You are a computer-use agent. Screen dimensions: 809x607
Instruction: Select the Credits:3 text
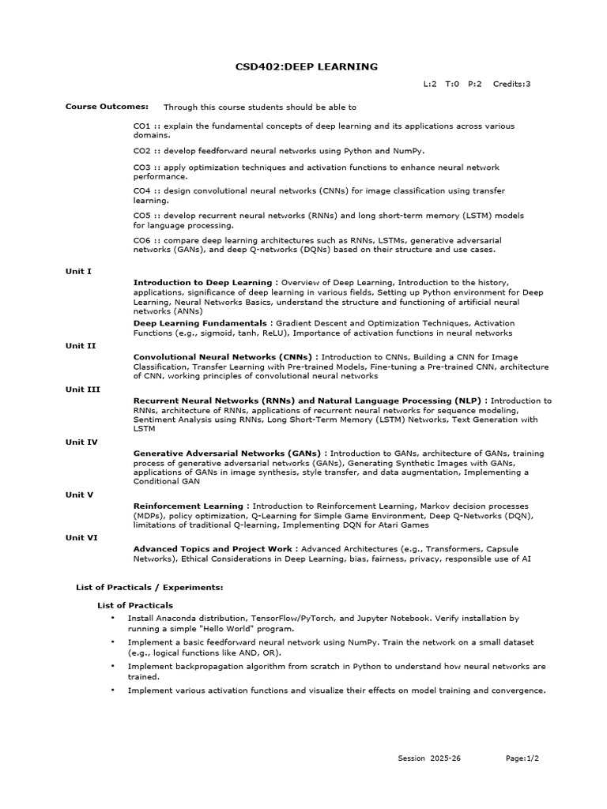click(511, 84)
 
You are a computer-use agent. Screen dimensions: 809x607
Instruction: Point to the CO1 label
click(141, 126)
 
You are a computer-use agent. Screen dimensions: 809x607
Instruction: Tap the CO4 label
click(141, 191)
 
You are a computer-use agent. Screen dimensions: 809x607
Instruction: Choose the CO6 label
click(141, 239)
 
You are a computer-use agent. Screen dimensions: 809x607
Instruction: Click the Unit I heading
click(78, 271)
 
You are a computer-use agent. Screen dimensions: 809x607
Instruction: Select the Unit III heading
click(81, 389)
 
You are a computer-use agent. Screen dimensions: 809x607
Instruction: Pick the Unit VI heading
click(81, 537)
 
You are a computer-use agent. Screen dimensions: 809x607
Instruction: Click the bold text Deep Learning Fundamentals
click(200, 323)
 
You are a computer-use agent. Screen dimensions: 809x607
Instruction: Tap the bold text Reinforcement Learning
click(188, 506)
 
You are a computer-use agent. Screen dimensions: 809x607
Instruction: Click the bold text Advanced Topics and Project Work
click(214, 548)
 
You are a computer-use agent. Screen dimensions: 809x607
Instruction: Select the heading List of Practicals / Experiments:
click(149, 587)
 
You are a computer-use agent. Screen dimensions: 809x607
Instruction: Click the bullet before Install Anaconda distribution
click(113, 618)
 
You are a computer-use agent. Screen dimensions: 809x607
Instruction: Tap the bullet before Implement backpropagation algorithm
click(113, 666)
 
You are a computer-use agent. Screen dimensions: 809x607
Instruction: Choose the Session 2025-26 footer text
click(429, 758)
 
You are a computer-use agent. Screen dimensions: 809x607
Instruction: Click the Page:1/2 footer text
click(522, 758)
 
